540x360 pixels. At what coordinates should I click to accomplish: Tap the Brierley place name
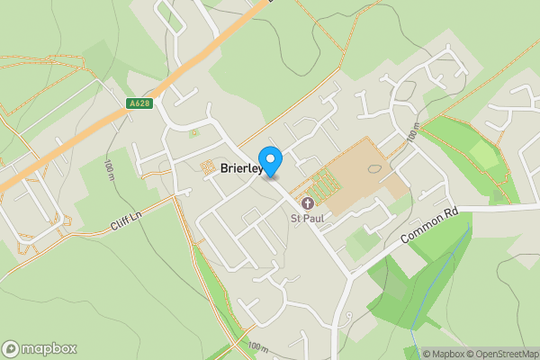239,168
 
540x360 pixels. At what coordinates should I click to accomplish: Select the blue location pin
270,160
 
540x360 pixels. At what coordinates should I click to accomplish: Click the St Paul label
306,217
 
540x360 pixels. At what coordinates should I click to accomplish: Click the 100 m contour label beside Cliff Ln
108,169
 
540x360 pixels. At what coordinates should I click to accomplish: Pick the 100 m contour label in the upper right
412,135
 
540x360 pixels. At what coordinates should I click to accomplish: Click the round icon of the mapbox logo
12,348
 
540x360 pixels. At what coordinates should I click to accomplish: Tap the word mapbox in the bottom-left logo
49,348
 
